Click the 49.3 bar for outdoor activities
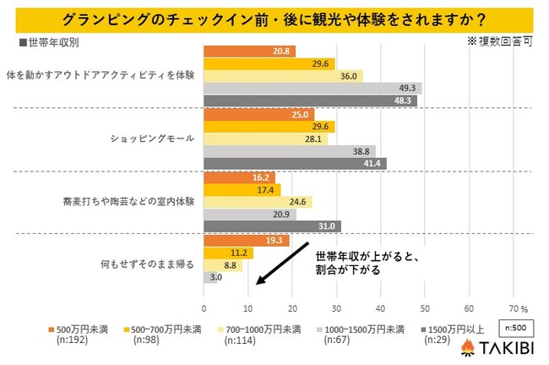click(313, 88)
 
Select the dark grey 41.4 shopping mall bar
click(295, 163)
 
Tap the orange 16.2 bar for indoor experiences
click(240, 178)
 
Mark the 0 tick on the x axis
click(204, 308)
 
